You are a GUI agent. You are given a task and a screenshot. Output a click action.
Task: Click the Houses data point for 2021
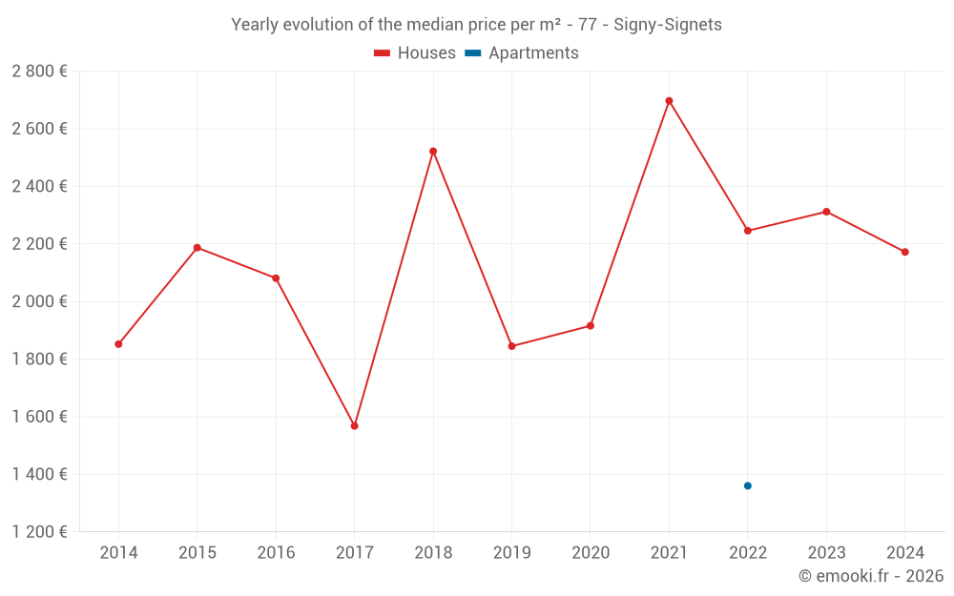tap(669, 101)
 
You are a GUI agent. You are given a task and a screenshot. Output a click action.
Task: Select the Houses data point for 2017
tap(355, 426)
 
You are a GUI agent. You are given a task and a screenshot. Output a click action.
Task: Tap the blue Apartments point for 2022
tap(748, 486)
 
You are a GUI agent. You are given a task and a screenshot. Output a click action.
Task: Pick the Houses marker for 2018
tap(433, 152)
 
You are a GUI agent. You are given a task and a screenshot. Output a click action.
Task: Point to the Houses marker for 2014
tap(118, 344)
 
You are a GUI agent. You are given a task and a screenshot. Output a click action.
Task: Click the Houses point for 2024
tap(905, 252)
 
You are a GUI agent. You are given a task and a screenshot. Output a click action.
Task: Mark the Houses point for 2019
tap(512, 346)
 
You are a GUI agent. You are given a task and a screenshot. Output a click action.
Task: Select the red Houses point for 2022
tap(748, 231)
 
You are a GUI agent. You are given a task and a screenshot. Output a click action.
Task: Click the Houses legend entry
tap(415, 53)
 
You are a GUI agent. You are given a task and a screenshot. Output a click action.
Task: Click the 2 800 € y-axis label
tap(39, 72)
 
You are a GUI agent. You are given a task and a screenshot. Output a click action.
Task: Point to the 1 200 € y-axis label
tap(39, 532)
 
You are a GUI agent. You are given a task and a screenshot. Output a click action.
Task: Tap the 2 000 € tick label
tap(39, 301)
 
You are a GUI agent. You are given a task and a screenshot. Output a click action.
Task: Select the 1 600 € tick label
tap(39, 417)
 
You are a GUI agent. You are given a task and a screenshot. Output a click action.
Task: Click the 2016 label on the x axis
tap(276, 553)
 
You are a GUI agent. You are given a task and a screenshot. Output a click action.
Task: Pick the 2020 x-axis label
tap(591, 553)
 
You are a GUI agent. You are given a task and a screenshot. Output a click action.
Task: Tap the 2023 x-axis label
tap(826, 553)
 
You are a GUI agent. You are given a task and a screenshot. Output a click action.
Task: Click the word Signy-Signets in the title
tap(668, 25)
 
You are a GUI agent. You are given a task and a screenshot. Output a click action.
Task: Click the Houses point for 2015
tap(197, 248)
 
